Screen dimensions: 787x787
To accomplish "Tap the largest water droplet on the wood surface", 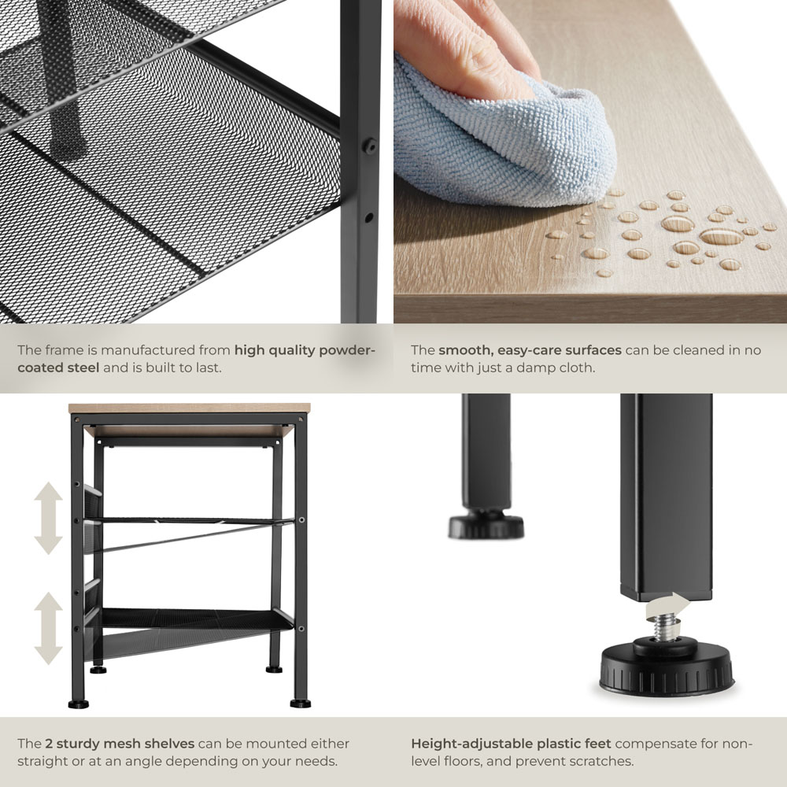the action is [721, 236].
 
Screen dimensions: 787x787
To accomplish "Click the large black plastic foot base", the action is [667, 667].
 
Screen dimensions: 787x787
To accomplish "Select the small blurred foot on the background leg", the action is [486, 524].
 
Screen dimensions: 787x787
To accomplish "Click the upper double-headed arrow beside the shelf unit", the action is [48, 518].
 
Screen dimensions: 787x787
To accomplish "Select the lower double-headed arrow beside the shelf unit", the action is [48, 628].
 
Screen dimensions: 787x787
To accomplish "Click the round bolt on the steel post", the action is [370, 146].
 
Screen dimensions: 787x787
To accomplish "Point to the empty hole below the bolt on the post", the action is [369, 218].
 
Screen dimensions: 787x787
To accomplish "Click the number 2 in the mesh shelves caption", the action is [49, 744].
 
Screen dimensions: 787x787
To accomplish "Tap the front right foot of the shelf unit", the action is [300, 703].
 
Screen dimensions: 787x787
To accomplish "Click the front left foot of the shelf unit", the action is [78, 704].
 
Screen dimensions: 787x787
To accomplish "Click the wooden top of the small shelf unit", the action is [189, 408].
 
